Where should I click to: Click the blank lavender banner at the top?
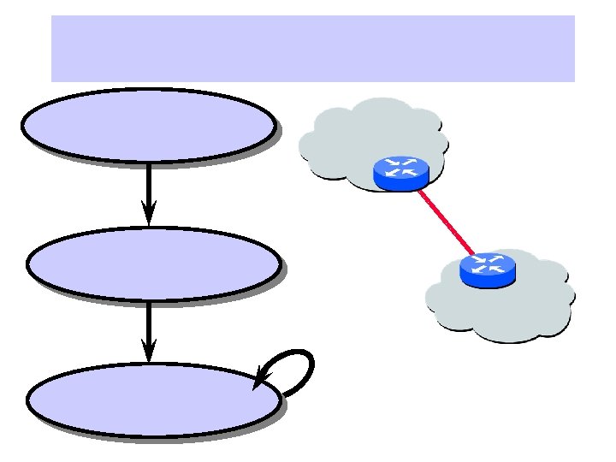pyautogui.click(x=313, y=48)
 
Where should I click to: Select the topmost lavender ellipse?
pyautogui.click(x=148, y=126)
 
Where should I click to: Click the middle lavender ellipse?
pyautogui.click(x=153, y=263)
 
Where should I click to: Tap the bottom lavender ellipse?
pyautogui.click(x=153, y=400)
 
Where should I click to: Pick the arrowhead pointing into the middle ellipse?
pyautogui.click(x=149, y=214)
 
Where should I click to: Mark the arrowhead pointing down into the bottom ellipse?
pyautogui.click(x=149, y=351)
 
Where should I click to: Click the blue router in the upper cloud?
pyautogui.click(x=400, y=174)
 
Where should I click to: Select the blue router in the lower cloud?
pyautogui.click(x=489, y=269)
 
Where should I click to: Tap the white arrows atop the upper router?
pyautogui.click(x=400, y=167)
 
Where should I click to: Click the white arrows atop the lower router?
pyautogui.click(x=489, y=263)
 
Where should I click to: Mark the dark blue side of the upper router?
pyautogui.click(x=400, y=183)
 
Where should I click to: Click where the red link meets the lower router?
pyautogui.click(x=473, y=254)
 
